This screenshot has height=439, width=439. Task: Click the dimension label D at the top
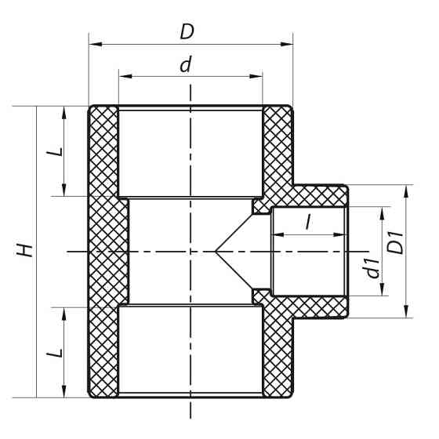[x=187, y=31]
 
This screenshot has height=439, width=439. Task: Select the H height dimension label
[x=27, y=251]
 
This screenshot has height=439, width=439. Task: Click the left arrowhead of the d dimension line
[x=122, y=77]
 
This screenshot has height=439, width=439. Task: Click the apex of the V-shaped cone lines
[x=215, y=251]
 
